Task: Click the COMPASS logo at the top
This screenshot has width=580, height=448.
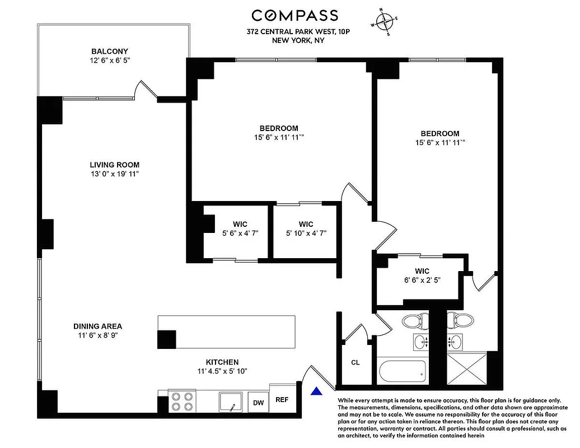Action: click(294, 15)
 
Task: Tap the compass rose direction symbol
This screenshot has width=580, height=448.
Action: click(385, 22)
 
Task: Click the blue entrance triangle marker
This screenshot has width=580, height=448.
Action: click(316, 391)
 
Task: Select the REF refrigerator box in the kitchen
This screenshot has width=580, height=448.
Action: click(282, 399)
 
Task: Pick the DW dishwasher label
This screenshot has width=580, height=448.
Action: click(258, 402)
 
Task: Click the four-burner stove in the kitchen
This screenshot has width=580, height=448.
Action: click(181, 401)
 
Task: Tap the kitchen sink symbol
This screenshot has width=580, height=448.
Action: click(230, 402)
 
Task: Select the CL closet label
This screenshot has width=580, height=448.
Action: click(355, 362)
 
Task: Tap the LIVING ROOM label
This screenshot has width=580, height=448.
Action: click(114, 165)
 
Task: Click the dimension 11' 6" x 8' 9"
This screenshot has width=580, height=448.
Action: click(97, 335)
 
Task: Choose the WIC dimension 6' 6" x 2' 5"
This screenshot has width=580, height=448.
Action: click(418, 279)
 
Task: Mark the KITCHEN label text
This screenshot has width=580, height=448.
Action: click(222, 362)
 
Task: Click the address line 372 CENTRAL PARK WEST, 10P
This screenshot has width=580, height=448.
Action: click(294, 32)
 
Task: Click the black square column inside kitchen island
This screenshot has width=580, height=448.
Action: click(167, 339)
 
